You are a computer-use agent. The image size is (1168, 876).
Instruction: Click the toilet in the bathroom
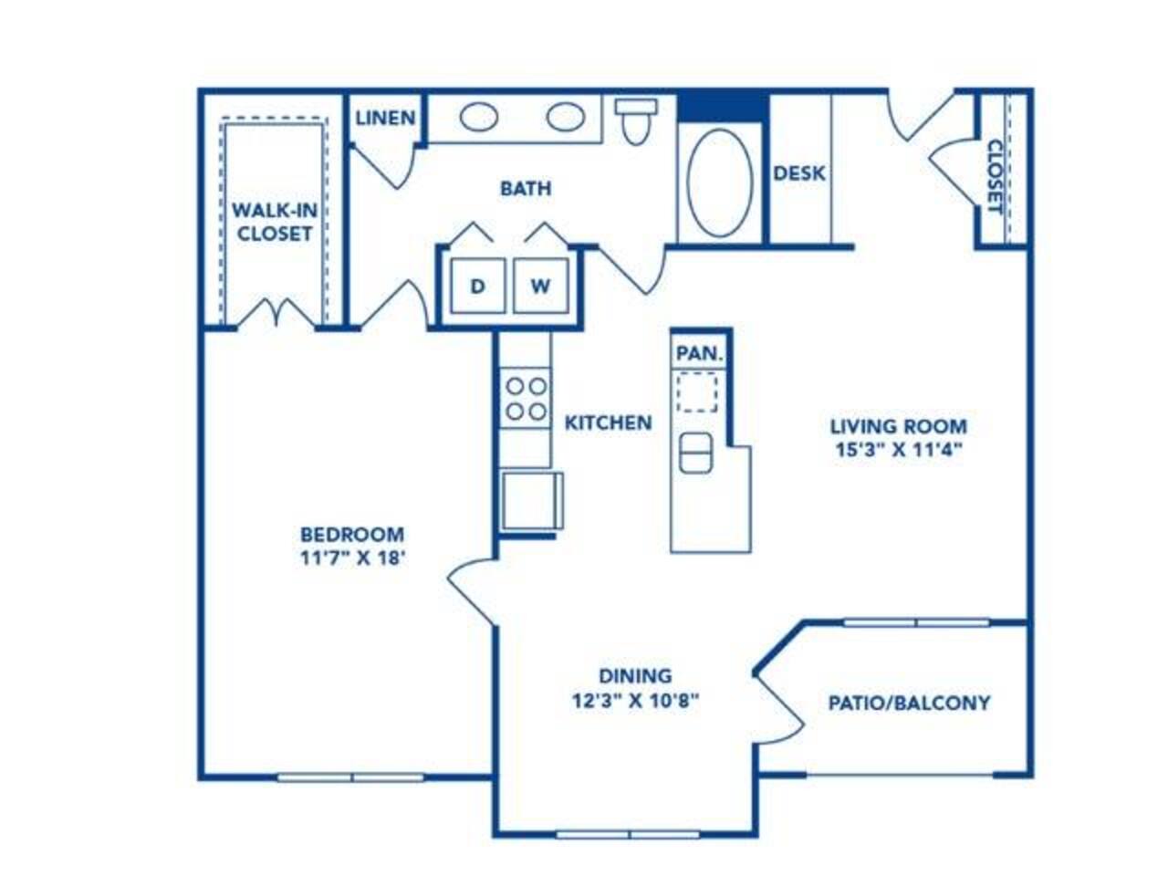coord(635,120)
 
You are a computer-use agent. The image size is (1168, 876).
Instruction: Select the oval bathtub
coord(720,182)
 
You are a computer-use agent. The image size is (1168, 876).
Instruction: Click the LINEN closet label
coord(385,118)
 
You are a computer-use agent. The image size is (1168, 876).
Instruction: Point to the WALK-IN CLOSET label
coord(275,221)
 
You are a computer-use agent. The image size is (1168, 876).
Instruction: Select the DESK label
coord(798,172)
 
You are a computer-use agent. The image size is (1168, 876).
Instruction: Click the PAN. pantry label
coord(699,353)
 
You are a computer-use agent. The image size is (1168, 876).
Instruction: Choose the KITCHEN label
coord(608,422)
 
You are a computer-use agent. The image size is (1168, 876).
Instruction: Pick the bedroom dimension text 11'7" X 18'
coord(353,558)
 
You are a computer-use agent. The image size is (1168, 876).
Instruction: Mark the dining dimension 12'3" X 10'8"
coord(635,701)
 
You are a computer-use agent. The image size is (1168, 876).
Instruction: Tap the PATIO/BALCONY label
coord(909,704)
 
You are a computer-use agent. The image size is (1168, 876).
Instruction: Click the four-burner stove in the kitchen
coord(526,399)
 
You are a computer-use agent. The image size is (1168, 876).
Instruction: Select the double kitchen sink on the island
coord(696,453)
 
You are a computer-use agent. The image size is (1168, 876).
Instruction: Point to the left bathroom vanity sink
coord(478,117)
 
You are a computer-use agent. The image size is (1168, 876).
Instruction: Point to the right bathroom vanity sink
coord(566,117)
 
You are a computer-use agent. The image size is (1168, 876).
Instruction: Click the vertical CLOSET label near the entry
coord(994,177)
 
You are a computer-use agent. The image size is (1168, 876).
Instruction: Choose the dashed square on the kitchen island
coord(696,392)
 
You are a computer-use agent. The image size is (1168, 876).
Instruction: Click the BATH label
coord(526,188)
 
